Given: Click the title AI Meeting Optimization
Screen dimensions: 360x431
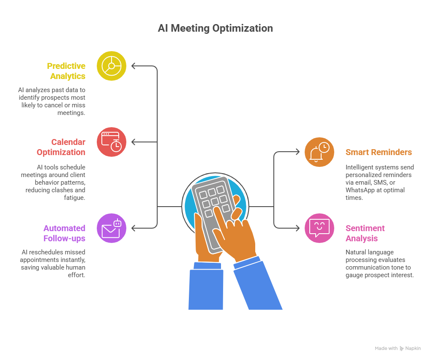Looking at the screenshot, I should (215, 28).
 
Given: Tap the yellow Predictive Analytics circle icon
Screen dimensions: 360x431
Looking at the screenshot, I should (112, 66).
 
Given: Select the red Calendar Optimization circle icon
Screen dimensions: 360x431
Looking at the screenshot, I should (112, 142).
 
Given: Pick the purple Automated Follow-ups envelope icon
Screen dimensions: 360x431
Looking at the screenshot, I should (112, 228).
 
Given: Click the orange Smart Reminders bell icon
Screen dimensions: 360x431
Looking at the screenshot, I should (319, 152).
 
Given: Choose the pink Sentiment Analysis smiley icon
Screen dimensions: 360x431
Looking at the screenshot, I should (319, 228).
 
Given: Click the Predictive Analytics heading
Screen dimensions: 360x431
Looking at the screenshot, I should (67, 71).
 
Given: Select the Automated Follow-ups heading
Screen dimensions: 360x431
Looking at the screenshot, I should (64, 233).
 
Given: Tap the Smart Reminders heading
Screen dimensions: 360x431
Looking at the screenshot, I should (379, 152).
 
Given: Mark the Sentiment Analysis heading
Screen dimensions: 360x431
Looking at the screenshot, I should (365, 233).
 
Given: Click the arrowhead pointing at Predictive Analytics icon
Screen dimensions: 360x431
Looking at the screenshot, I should (134, 66).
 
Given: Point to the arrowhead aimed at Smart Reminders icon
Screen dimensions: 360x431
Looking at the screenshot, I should (297, 152).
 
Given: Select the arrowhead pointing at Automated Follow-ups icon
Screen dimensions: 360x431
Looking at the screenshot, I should (134, 228).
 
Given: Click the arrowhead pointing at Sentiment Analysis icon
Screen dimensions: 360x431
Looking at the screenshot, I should (297, 228).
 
